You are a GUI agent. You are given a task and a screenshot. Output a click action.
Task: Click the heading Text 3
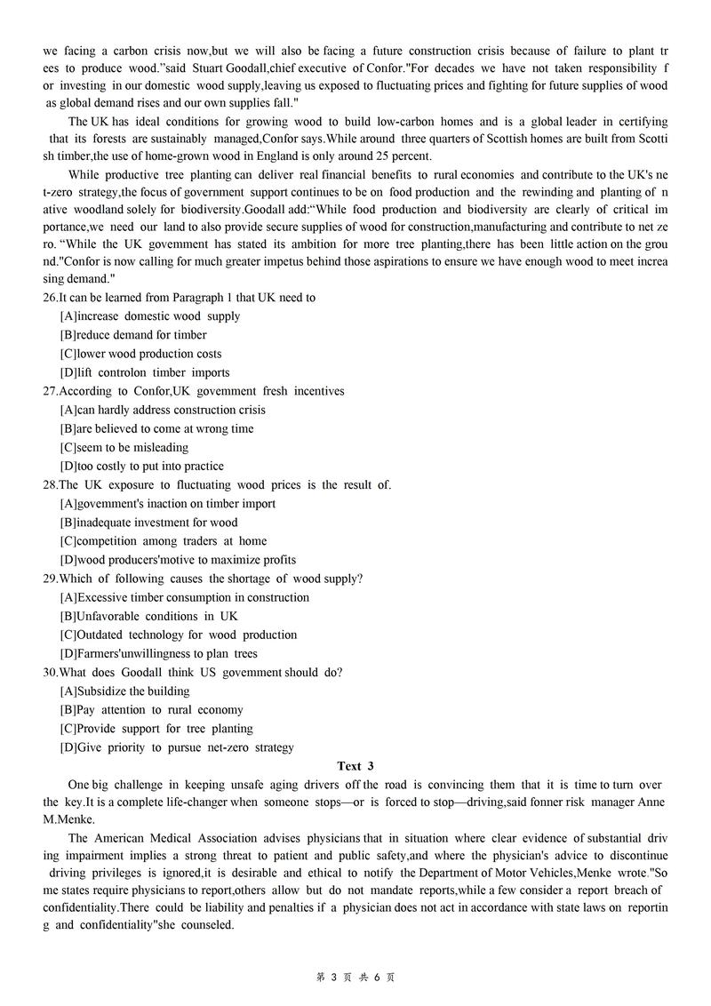(x=355, y=766)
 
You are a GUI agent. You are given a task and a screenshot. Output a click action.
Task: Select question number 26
(x=51, y=298)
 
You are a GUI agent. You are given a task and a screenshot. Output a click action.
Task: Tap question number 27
(x=51, y=391)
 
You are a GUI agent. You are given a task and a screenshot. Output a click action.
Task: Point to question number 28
(x=51, y=485)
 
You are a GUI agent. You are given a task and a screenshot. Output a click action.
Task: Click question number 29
(x=51, y=579)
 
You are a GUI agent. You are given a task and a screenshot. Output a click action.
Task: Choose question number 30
(x=51, y=673)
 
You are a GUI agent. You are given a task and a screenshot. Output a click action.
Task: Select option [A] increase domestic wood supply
(x=150, y=316)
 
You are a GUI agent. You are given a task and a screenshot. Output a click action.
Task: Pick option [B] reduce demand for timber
(x=133, y=335)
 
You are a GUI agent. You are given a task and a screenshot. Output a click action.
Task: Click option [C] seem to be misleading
(x=124, y=448)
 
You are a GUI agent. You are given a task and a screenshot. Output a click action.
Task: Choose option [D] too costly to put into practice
(x=142, y=467)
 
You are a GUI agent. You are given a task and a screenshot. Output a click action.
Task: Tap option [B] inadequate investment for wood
(x=149, y=523)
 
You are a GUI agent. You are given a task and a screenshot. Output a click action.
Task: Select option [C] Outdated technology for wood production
(x=179, y=635)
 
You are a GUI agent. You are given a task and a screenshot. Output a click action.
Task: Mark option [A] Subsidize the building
(x=125, y=691)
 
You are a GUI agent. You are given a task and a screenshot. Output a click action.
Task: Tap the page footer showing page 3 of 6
(x=355, y=977)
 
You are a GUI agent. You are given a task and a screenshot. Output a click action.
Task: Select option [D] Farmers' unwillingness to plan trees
(x=159, y=654)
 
